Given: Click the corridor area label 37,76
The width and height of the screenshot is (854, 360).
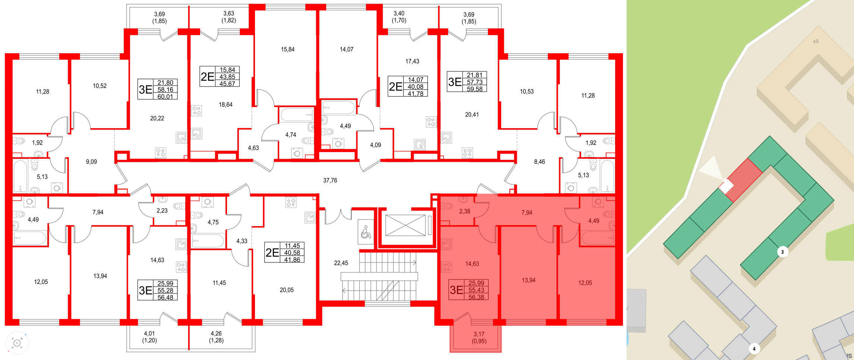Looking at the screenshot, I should click(330, 180).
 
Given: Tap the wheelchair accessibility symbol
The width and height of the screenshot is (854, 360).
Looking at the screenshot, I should click(366, 232).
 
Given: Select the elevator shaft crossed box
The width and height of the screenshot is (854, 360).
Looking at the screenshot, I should click(405, 225).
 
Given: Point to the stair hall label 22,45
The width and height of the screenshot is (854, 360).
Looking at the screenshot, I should click(341, 263).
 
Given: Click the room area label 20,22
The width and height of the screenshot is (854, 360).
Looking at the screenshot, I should click(157, 118).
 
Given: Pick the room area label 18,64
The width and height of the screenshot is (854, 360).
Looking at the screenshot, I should click(226, 105).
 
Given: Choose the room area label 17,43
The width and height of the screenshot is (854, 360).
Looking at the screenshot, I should click(412, 61).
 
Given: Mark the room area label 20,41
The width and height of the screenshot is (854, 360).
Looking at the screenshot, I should click(472, 114).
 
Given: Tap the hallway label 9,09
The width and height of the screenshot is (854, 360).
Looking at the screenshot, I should click(91, 162).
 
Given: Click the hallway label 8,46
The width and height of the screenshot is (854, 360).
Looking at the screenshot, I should click(539, 162).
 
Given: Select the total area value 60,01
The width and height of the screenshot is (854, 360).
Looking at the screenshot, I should click(165, 97).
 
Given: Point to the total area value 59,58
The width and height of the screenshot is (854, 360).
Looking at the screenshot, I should click(475, 89).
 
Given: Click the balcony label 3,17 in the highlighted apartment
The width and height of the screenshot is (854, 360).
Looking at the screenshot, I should click(479, 334).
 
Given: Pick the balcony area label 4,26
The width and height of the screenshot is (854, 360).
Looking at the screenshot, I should click(216, 334).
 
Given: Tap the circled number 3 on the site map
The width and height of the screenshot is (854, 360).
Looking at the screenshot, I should click(782, 252).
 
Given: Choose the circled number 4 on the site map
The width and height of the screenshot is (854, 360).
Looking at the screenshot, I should click(754, 349).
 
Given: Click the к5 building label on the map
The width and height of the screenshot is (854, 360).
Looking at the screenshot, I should click(816, 41).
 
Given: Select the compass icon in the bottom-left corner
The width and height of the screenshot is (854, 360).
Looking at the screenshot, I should click(17, 342).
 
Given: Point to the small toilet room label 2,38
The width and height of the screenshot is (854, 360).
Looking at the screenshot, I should click(464, 211).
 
